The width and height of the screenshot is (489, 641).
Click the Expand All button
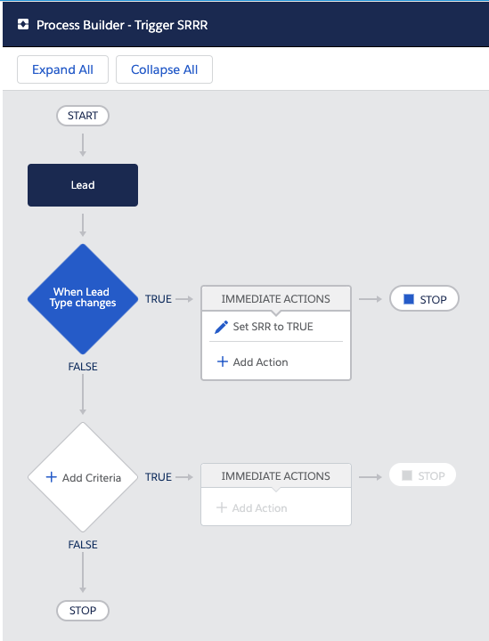point(62,69)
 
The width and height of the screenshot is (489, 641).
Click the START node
point(83,116)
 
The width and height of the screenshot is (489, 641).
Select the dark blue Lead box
point(83,185)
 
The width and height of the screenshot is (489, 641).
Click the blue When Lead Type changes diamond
point(83,299)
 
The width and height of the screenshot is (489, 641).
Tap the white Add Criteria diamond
point(83,477)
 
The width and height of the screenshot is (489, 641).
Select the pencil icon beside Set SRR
point(221,327)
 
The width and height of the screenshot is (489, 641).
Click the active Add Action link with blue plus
point(252,361)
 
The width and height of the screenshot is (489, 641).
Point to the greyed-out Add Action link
point(252,507)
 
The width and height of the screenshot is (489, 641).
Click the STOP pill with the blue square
point(424,299)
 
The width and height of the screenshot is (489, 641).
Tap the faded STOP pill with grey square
point(422,475)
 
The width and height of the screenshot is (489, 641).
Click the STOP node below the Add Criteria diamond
point(83,611)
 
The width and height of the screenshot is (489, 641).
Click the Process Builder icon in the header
point(23,25)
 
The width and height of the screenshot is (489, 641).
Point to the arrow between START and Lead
point(83,145)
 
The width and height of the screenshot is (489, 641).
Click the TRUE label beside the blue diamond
point(159,299)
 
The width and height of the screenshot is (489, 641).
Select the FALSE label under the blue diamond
point(83,367)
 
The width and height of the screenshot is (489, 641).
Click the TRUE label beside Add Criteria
point(159,477)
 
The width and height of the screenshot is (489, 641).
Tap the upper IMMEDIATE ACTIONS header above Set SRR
point(276,299)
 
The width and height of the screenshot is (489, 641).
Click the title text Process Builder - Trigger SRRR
point(122,25)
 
